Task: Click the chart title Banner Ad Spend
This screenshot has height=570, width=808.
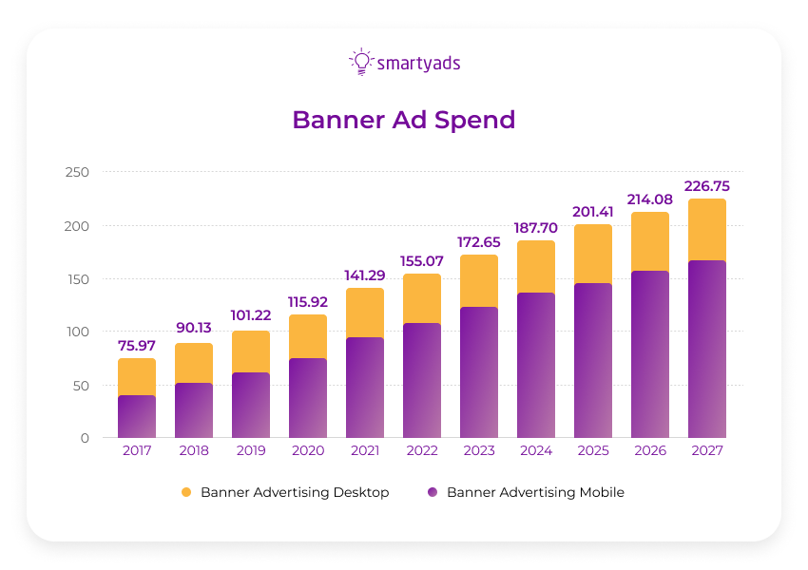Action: pyautogui.click(x=403, y=121)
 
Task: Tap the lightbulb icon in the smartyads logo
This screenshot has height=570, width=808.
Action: pyautogui.click(x=361, y=62)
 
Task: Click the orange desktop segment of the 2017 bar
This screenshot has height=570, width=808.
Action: pyautogui.click(x=137, y=377)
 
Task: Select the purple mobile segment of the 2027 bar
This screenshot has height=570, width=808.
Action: pyautogui.click(x=707, y=349)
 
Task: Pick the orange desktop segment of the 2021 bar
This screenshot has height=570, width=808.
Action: pyautogui.click(x=365, y=313)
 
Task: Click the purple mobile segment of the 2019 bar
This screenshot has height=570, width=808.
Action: pyautogui.click(x=251, y=405)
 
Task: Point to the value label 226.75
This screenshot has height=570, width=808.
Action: pyautogui.click(x=707, y=186)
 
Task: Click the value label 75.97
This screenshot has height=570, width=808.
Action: pyautogui.click(x=137, y=345)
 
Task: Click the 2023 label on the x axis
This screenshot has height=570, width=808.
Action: pyautogui.click(x=479, y=451)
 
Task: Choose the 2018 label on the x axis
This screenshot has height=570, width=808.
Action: pyautogui.click(x=194, y=451)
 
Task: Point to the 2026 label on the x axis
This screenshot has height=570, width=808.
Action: pyautogui.click(x=650, y=451)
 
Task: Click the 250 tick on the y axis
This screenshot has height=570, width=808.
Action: pyautogui.click(x=77, y=172)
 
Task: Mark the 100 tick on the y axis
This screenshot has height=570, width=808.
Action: pyautogui.click(x=77, y=332)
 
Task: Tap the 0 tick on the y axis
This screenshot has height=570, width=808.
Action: pyautogui.click(x=84, y=438)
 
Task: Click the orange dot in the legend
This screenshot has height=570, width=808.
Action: pyautogui.click(x=186, y=492)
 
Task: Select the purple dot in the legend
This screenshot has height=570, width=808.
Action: pyautogui.click(x=433, y=492)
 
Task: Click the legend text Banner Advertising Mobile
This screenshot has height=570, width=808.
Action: pyautogui.click(x=535, y=492)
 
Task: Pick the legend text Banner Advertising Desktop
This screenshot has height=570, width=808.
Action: pyautogui.click(x=295, y=492)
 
